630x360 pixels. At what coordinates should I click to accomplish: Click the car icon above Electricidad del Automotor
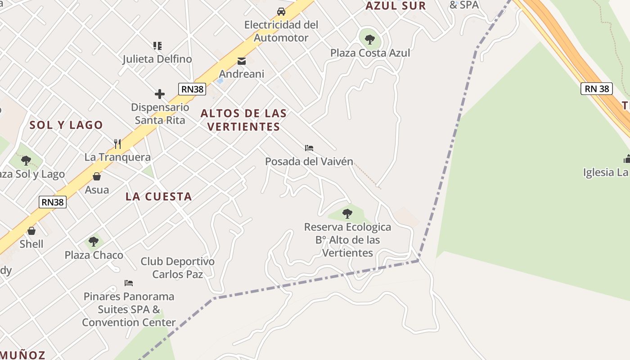tap(281, 11)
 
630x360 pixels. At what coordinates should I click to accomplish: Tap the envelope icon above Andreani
tap(242, 61)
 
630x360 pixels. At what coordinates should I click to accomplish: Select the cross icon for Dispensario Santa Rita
tap(160, 94)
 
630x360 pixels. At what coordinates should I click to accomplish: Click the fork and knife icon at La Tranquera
tap(117, 144)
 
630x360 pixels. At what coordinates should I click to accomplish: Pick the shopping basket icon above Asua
tap(97, 176)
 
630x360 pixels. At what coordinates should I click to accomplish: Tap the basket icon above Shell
tap(31, 231)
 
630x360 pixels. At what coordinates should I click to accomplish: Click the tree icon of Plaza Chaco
tap(94, 242)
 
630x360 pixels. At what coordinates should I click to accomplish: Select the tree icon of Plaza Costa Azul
tap(370, 39)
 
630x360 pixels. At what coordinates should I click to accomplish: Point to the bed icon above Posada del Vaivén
tap(309, 148)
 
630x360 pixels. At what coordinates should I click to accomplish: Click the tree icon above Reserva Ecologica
tap(347, 213)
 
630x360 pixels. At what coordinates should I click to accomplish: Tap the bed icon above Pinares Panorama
tap(129, 283)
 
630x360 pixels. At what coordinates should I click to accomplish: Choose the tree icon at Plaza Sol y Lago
tap(26, 160)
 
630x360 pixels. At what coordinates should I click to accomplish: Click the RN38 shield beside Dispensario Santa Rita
tap(192, 89)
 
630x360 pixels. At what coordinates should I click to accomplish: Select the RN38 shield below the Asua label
tap(53, 202)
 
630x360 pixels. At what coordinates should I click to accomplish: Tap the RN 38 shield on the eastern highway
tap(597, 89)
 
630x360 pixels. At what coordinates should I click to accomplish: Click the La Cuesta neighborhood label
tap(158, 197)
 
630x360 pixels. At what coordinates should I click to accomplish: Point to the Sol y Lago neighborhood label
tap(66, 125)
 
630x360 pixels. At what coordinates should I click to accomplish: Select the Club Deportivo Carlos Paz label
tap(178, 268)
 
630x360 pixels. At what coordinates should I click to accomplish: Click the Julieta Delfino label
tap(157, 59)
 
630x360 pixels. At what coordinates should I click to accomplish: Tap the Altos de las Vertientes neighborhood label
tap(243, 120)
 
